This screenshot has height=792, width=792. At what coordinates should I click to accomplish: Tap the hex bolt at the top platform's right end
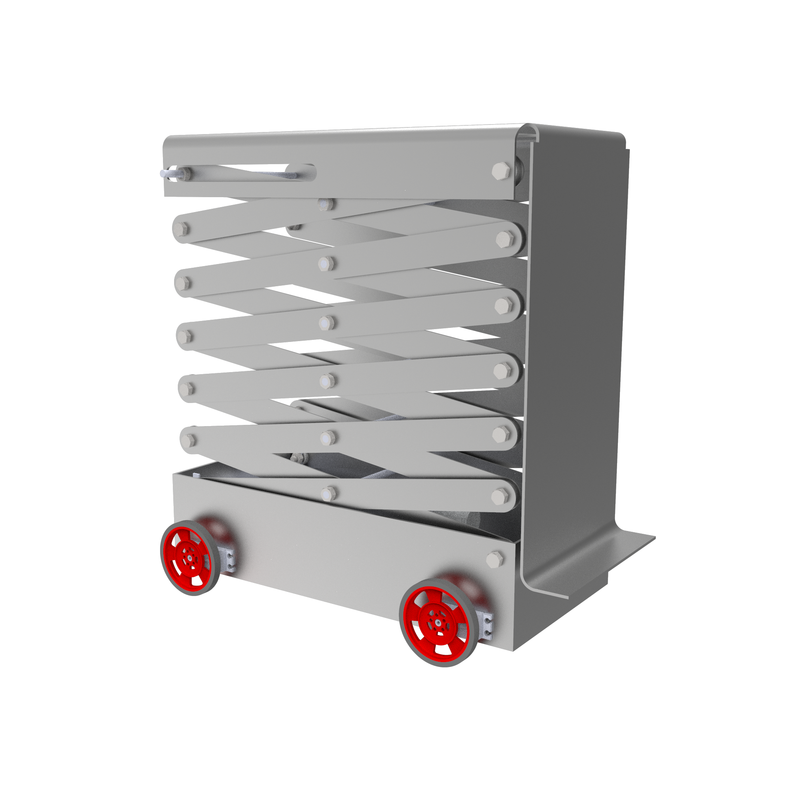pos(501,170)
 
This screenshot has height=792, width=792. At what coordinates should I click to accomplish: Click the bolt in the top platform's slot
pos(185,173)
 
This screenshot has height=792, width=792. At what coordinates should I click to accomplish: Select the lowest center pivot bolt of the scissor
pos(328,494)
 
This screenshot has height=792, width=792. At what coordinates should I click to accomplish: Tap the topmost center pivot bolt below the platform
pos(326,203)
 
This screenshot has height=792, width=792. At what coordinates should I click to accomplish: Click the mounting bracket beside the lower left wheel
pos(228,561)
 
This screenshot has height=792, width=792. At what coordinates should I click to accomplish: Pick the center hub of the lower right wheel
pos(437,621)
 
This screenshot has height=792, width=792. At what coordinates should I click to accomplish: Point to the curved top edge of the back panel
pos(577,129)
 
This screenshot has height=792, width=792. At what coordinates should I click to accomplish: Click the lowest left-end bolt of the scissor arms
pos(188,440)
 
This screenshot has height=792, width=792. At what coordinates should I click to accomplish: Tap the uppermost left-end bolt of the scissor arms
pos(181,229)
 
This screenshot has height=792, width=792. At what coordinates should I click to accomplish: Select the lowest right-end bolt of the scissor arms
pos(500,496)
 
